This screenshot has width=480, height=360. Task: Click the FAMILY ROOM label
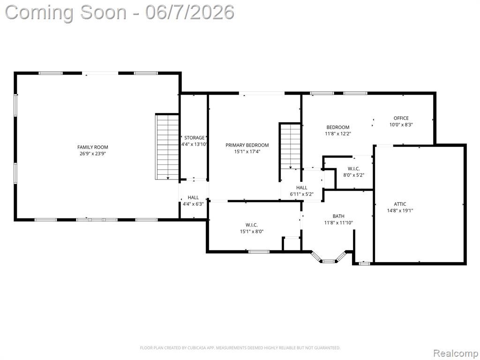[92, 147]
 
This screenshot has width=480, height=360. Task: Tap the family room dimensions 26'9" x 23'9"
[92, 154]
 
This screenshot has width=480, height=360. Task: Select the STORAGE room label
[194, 138]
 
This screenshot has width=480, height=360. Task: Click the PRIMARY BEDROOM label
[247, 145]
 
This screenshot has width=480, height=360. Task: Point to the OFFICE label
[401, 118]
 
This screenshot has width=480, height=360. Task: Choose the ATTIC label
[400, 204]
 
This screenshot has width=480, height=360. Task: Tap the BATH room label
[338, 216]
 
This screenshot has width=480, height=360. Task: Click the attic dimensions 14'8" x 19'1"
[400, 210]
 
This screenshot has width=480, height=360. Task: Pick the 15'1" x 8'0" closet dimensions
[252, 232]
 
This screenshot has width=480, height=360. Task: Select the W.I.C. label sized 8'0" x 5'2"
[354, 169]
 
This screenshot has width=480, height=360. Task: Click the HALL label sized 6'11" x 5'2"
[301, 187]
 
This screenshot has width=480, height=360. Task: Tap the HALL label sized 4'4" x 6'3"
[193, 197]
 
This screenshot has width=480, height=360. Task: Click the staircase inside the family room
[167, 147]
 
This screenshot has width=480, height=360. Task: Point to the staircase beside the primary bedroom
[290, 146]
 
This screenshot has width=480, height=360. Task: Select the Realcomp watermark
[455, 353]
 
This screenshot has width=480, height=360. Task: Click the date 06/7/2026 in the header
[190, 13]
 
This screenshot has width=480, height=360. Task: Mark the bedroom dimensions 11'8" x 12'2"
[338, 134]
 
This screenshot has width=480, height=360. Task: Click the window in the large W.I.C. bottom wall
[259, 252]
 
